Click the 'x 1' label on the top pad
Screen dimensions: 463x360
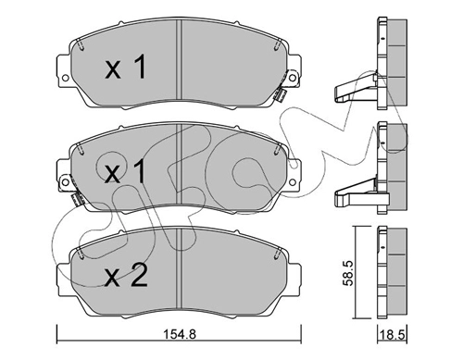point(125,67)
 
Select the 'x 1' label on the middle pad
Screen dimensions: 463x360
point(125,170)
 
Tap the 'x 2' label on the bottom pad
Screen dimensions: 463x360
point(126,276)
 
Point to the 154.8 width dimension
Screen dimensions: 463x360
point(179,334)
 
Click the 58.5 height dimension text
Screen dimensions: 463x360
point(348,274)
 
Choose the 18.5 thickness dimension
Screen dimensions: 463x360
point(393,335)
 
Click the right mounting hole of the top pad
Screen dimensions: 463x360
point(293,78)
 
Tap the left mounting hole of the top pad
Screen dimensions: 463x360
point(65,78)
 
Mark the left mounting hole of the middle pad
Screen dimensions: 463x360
point(65,181)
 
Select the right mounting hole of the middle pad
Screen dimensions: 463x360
point(293,182)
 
